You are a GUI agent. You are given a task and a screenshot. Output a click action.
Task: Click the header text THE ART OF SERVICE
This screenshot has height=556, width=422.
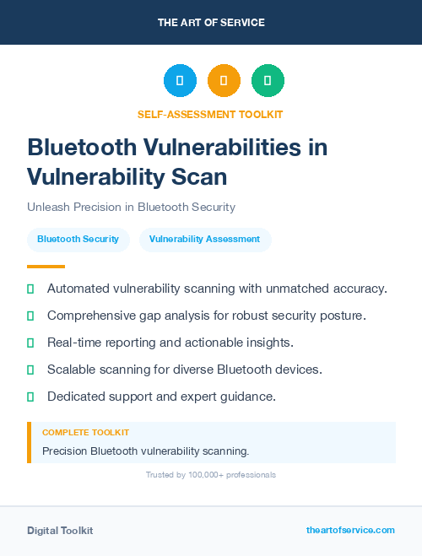[x=211, y=22]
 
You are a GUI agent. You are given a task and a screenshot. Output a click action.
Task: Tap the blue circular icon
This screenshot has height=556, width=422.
[x=180, y=81]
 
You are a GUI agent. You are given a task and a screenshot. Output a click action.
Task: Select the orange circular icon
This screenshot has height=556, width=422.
[x=224, y=81]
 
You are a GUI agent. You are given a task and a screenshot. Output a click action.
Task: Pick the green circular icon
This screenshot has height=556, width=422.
[x=268, y=81]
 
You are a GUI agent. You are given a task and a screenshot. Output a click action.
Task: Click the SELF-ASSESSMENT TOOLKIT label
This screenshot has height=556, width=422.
[x=210, y=114]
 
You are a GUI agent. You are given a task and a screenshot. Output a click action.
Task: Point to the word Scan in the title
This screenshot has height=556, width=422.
[x=200, y=176]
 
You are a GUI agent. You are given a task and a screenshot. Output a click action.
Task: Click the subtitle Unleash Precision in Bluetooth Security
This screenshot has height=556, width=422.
[x=131, y=207]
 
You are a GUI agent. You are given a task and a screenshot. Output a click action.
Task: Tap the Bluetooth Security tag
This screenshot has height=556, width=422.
[x=78, y=240]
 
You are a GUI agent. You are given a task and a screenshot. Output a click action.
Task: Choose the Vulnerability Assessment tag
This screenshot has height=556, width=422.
[x=204, y=240]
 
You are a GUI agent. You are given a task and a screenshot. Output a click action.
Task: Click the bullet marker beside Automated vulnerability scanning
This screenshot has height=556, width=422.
[x=30, y=289]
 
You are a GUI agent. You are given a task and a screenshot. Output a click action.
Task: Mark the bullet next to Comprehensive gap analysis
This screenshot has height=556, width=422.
[x=30, y=316]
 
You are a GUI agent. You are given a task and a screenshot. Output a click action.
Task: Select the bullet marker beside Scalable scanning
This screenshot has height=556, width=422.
[x=30, y=370]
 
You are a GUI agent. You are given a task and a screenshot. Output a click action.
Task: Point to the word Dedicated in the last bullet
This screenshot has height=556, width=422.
[x=75, y=396]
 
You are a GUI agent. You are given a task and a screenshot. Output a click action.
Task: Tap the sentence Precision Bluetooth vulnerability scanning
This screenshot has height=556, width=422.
[x=145, y=451]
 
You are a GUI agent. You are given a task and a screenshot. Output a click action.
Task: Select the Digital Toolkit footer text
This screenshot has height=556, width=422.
[x=60, y=531]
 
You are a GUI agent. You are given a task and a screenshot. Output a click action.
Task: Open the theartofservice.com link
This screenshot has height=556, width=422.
[x=350, y=530]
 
